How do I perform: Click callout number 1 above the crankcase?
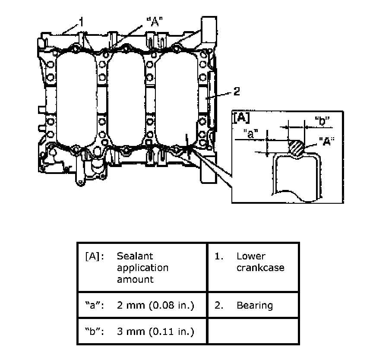click(81, 22)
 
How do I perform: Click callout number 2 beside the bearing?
click(237, 92)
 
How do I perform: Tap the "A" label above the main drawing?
click(155, 22)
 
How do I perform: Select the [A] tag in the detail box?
click(241, 118)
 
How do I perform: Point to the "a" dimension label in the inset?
click(251, 134)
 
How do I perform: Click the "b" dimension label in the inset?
click(322, 121)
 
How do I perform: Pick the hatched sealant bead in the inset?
click(297, 148)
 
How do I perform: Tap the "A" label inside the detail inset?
click(327, 141)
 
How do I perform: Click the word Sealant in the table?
click(135, 256)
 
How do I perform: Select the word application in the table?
click(143, 268)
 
